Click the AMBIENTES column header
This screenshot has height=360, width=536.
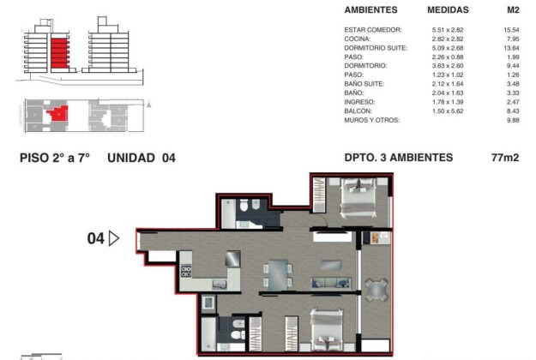point(370,10)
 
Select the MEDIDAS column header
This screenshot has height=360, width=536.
point(448,10)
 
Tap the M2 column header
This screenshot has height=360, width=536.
point(513,10)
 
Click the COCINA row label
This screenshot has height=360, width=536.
point(358,39)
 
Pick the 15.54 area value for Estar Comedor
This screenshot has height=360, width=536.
point(511,30)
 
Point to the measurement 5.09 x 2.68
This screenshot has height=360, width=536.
point(448,48)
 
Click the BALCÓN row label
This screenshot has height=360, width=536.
point(358,111)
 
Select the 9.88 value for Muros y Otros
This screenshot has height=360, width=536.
point(513,120)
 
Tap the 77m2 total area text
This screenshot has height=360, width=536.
point(505,158)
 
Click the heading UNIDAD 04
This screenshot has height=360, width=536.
point(142,158)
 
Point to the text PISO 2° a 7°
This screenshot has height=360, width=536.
point(55,158)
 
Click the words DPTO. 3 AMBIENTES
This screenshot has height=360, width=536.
point(399,158)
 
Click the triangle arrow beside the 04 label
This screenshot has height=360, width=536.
point(114,238)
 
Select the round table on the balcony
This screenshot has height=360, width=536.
point(376,291)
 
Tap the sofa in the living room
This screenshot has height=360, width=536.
point(330,283)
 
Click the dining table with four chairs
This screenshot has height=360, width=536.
point(278,275)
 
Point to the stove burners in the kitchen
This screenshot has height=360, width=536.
point(186,271)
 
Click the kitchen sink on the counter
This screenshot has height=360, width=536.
point(220,285)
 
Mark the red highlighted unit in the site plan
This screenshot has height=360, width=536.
point(58,113)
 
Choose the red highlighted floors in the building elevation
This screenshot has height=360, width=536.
point(60,53)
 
